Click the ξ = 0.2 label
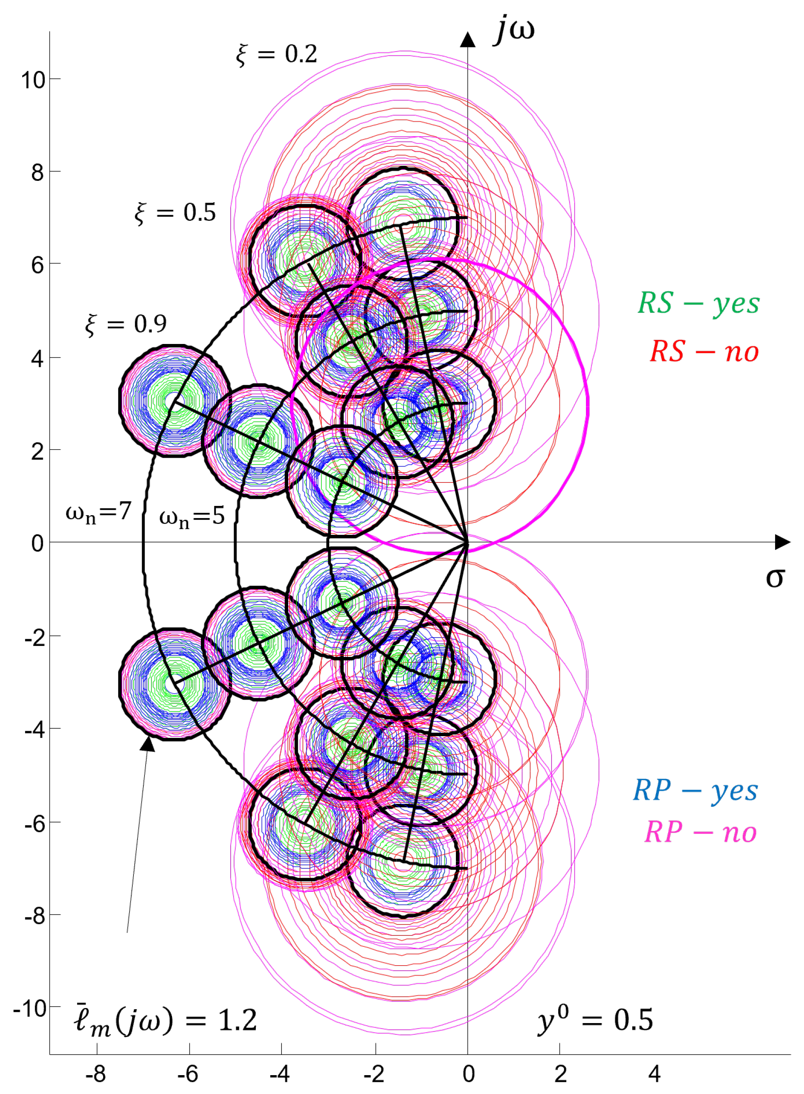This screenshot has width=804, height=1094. [276, 54]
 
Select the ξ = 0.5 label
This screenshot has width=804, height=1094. [175, 213]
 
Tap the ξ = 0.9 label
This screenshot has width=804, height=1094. [125, 323]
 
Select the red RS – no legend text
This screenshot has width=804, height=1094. [704, 352]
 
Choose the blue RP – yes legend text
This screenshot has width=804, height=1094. [695, 791]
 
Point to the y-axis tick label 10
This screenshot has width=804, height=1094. [33, 80]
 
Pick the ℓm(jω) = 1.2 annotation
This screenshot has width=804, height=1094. [166, 1020]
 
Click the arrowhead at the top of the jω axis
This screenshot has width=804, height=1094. [468, 40]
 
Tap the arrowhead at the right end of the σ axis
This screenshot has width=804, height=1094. [782, 542]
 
